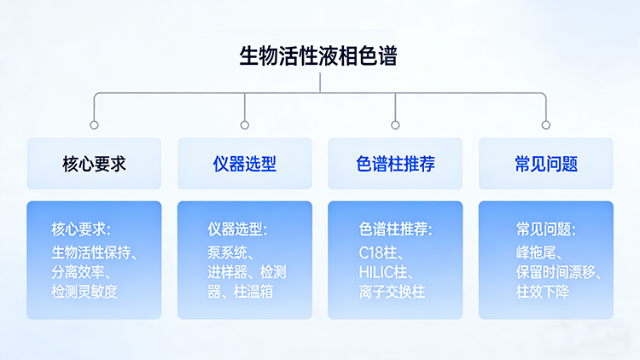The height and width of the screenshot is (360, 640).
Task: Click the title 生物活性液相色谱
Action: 319,56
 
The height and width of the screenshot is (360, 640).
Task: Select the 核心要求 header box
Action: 94,164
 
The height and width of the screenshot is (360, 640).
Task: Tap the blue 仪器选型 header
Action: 245,164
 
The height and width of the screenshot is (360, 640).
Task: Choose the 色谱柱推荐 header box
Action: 395,164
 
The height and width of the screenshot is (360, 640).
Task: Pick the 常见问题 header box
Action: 546,164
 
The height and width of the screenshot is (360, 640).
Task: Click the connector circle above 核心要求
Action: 94,125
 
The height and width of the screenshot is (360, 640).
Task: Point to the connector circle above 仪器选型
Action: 245,125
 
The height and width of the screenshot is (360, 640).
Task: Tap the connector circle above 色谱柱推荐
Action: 395,125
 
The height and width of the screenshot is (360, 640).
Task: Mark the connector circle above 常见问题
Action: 546,125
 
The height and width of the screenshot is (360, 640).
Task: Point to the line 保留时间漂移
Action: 559,272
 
